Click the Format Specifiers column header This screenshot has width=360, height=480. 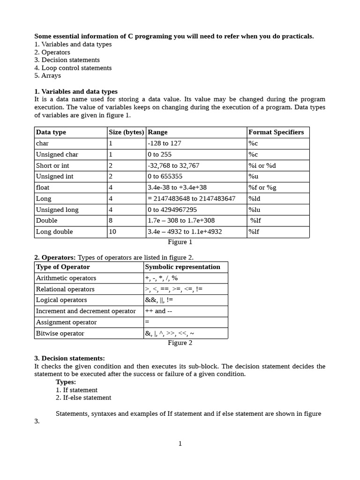[x=276, y=132]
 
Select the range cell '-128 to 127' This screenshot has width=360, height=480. [x=164, y=143]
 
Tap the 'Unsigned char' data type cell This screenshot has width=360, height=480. [x=57, y=155]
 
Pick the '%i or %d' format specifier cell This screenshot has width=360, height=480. [x=262, y=165]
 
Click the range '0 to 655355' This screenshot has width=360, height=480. [x=165, y=177]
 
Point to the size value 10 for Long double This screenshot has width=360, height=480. [x=112, y=232]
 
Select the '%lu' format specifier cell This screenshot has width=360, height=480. [x=255, y=210]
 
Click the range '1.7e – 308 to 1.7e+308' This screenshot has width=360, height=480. [x=181, y=221]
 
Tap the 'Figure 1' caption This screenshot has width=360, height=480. [x=180, y=242]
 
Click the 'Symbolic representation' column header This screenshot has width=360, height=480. [x=182, y=267]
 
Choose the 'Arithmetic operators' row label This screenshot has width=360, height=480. [x=66, y=278]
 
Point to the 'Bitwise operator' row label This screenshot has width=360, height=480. [x=60, y=334]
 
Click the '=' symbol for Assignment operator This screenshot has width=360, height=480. [x=147, y=322]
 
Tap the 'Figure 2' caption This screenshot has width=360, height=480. [x=180, y=343]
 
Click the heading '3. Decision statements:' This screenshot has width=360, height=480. [x=69, y=359]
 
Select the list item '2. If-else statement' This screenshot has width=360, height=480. [x=83, y=398]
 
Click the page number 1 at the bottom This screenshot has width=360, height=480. [x=180, y=444]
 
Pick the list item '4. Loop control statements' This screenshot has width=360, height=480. [x=73, y=68]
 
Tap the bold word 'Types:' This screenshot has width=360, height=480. [x=66, y=382]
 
